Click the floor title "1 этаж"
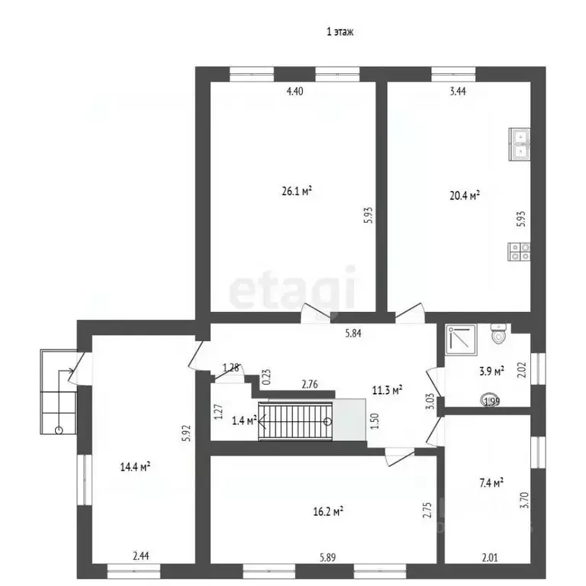[340, 32]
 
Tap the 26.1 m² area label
[297, 191]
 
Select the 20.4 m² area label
[465, 195]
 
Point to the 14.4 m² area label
[135, 466]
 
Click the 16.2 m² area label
[328, 511]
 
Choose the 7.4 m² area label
[491, 483]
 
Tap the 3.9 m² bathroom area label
[491, 371]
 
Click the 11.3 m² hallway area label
[387, 391]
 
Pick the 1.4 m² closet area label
[244, 421]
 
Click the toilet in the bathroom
[498, 333]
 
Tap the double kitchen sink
[520, 144]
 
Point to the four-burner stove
[519, 252]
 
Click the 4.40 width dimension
[295, 91]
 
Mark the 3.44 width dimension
[458, 91]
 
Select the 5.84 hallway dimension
[353, 333]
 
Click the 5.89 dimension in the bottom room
[327, 558]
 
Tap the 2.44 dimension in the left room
[141, 556]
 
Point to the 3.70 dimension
[524, 500]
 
